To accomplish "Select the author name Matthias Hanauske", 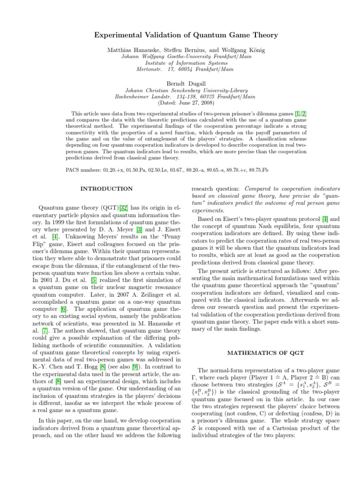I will [130, 49].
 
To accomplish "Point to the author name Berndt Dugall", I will [180, 83].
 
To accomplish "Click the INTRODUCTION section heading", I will [106, 189].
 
